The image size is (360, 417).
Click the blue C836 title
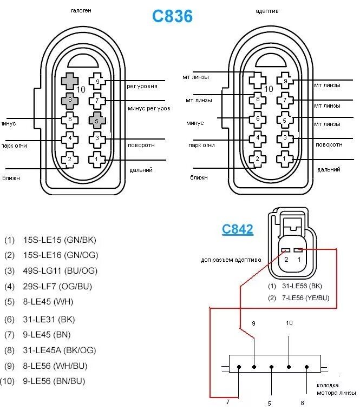tap(172, 16)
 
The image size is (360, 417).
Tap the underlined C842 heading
tap(237, 229)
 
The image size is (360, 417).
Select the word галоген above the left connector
tap(81, 11)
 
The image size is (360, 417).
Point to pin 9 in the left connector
tap(97, 82)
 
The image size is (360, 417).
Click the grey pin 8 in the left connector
tap(69, 100)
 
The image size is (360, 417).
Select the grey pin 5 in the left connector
tap(97, 120)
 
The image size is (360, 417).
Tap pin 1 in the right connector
tap(284, 159)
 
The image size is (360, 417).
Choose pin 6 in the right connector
tap(257, 119)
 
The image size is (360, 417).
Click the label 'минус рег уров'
tap(149, 108)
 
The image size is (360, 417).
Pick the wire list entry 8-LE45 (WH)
tap(48, 302)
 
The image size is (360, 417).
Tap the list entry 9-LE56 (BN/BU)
tap(54, 381)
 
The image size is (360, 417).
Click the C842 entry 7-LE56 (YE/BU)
tap(305, 298)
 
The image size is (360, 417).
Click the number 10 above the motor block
tap(289, 323)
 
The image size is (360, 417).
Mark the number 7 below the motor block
tap(228, 402)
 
